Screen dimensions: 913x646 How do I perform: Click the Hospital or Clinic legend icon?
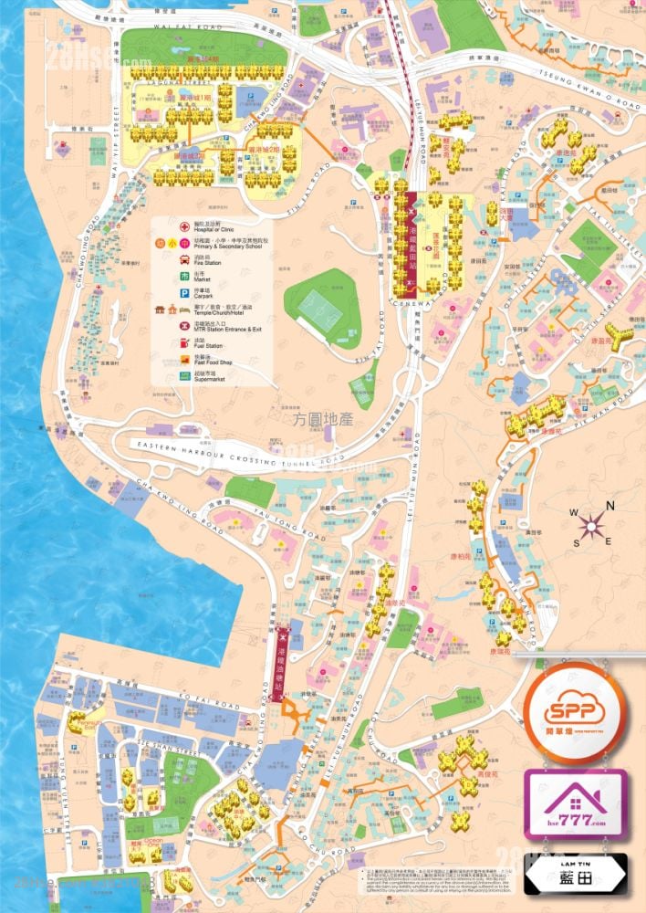[x=160, y=226]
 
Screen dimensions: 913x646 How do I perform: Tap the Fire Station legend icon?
[x=160, y=258]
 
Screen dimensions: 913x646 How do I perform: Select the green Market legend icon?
[x=160, y=276]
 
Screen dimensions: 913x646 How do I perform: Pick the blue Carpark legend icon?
[x=160, y=293]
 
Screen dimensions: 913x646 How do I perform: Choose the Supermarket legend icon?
[x=160, y=375]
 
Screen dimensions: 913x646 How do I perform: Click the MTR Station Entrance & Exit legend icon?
[x=160, y=327]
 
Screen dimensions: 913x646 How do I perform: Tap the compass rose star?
[x=593, y=525]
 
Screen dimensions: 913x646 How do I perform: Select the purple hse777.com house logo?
[x=574, y=803]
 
